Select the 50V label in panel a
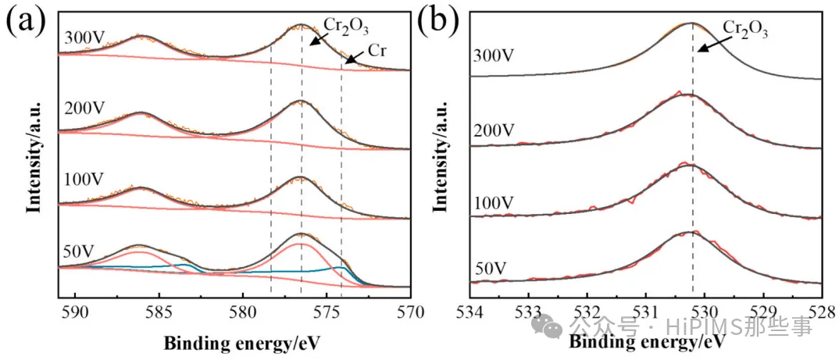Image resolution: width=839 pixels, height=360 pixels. coord(77,251)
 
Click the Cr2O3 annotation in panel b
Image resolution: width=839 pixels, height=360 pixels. coord(744,30)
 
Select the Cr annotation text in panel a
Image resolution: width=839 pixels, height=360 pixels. coord(378,48)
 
